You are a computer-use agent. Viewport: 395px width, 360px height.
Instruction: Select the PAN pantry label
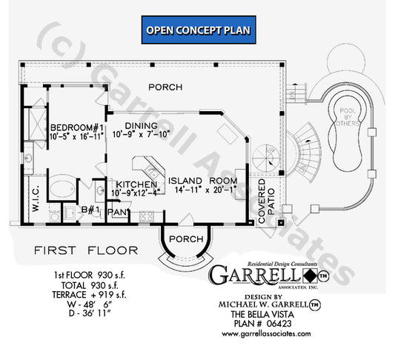point(117,212)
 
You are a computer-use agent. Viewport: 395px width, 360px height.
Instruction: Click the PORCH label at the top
point(165,87)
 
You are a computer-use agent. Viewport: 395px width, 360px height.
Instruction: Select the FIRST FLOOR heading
point(77,252)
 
